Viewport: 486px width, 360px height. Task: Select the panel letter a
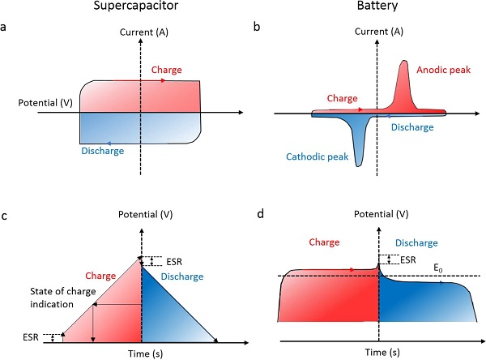pos(6,27)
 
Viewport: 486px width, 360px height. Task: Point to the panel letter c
pos(6,217)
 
